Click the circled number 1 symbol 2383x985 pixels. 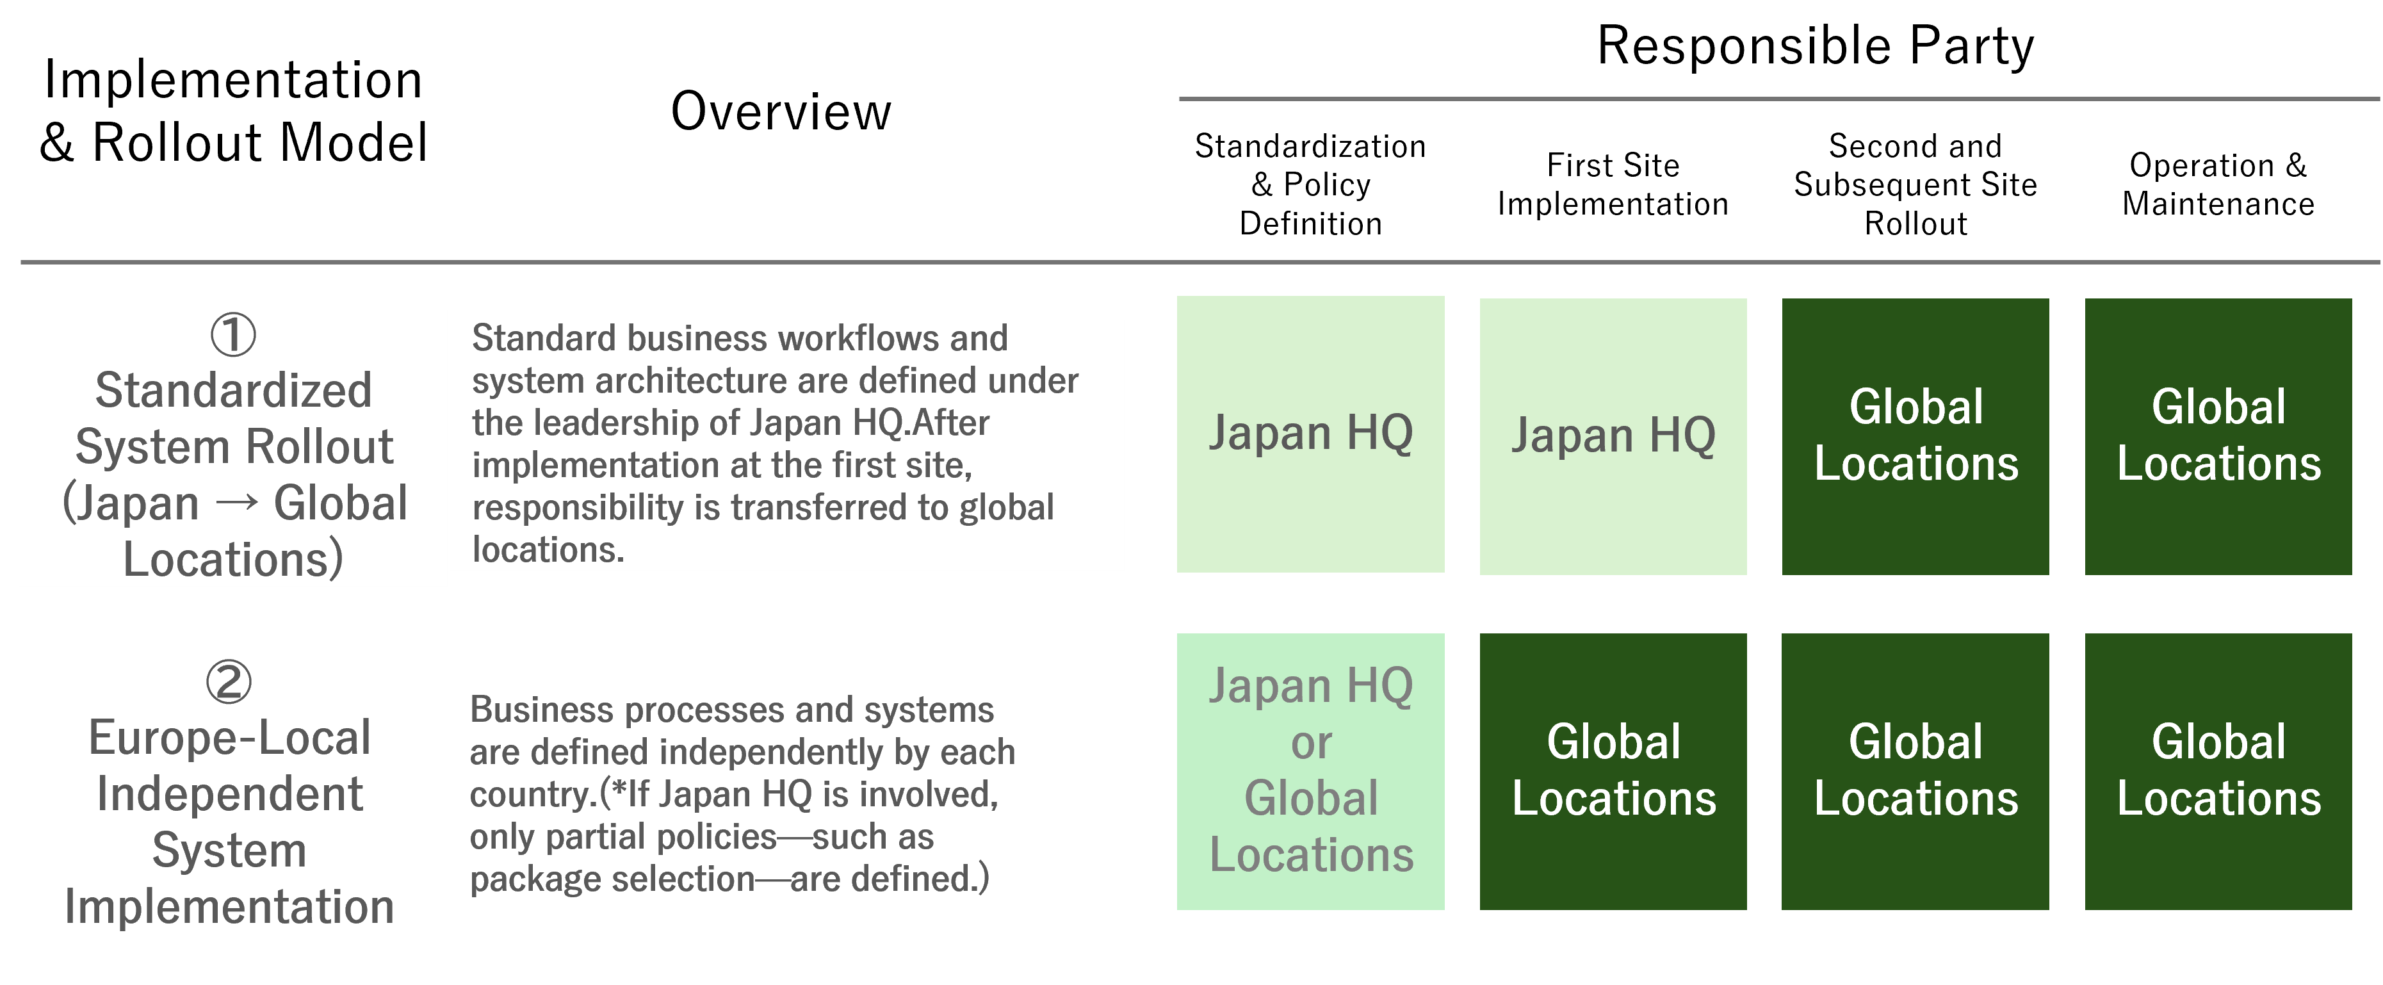click(x=233, y=335)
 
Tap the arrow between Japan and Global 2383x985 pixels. click(x=237, y=503)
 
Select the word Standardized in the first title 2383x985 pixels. click(x=233, y=390)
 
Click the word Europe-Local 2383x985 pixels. click(x=229, y=738)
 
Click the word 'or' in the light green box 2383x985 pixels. click(x=1311, y=744)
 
